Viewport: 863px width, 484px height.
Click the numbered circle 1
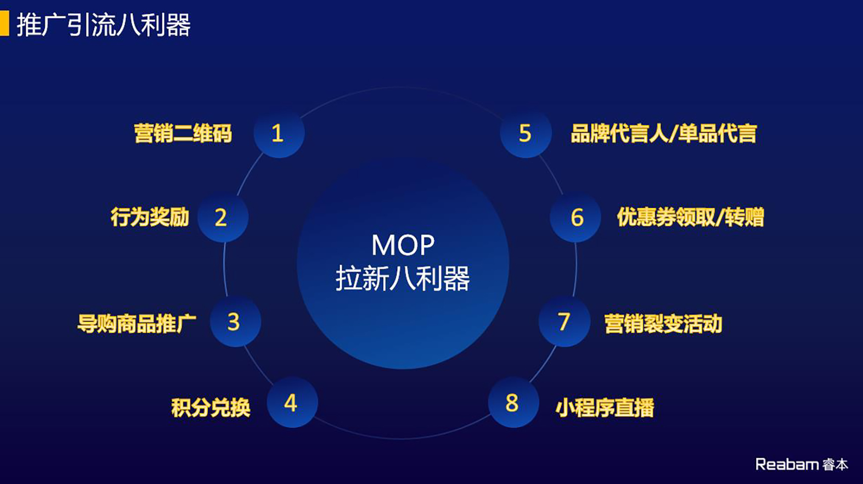[279, 133]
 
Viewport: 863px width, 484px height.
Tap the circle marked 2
[222, 217]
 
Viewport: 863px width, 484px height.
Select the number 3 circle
[236, 321]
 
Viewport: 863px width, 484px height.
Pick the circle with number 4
[292, 402]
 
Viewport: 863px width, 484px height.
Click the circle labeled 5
[526, 133]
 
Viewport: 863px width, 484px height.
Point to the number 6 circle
[575, 217]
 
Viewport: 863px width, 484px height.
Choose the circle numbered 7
[564, 321]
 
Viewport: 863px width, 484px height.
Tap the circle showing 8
[514, 402]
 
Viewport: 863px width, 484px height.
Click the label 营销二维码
[183, 134]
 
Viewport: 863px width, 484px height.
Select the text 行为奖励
[150, 217]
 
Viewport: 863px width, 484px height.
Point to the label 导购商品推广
[137, 323]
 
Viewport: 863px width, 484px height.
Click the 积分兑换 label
[211, 407]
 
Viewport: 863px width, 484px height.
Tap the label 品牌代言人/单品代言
[664, 134]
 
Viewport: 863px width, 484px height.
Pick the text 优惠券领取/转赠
[691, 217]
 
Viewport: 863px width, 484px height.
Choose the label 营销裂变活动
[663, 323]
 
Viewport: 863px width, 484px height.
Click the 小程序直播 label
[605, 407]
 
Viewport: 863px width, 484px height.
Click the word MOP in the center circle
[403, 245]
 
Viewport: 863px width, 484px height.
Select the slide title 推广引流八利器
[104, 25]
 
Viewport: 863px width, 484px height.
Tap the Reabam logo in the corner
[802, 464]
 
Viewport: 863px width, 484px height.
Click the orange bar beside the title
[4, 23]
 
